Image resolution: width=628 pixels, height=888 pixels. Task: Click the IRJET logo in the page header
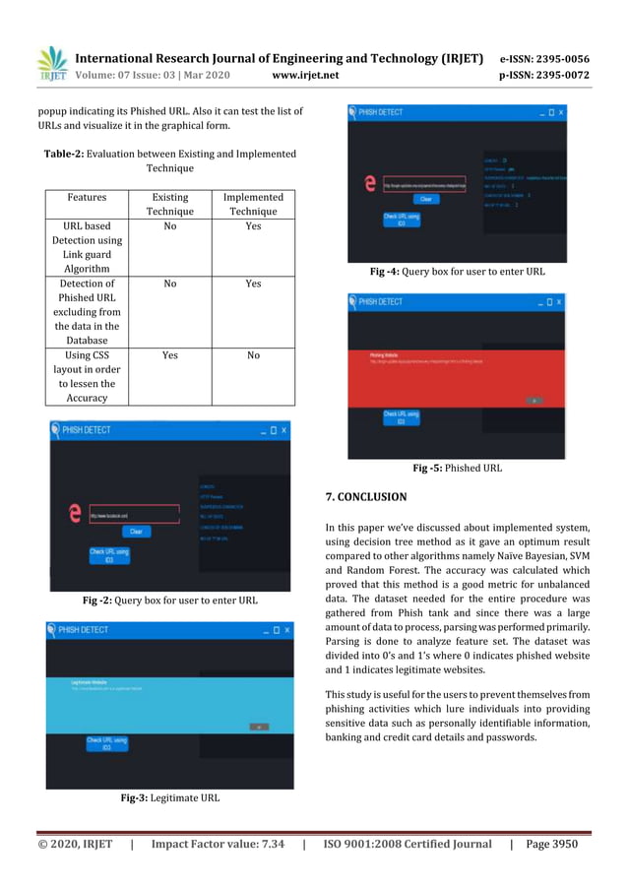click(51, 64)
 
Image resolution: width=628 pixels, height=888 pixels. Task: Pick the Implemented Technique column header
click(253, 204)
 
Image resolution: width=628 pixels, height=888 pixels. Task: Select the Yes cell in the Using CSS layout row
click(169, 355)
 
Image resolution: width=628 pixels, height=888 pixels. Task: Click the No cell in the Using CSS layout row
click(253, 355)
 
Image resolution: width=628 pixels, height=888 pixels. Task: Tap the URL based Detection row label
click(87, 247)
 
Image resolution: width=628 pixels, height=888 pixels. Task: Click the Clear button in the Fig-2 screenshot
click(136, 532)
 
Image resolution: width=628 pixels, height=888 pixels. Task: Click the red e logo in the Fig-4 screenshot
click(369, 183)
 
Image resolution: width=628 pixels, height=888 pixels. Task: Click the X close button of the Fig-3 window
click(284, 629)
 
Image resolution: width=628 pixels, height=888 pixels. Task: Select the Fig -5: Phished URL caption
click(457, 468)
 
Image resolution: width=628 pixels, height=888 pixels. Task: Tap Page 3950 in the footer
click(551, 844)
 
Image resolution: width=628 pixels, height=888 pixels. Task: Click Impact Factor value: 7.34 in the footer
click(218, 844)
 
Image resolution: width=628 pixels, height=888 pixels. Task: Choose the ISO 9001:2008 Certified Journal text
click(408, 844)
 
